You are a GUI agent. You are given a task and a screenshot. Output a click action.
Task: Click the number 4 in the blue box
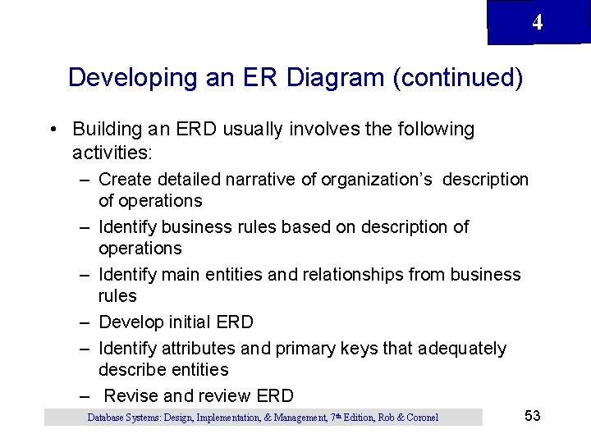point(537,23)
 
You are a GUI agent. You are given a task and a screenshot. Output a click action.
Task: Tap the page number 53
point(532,416)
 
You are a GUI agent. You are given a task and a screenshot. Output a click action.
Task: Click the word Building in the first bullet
point(105,130)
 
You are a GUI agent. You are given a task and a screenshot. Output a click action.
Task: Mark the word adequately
point(462,348)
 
